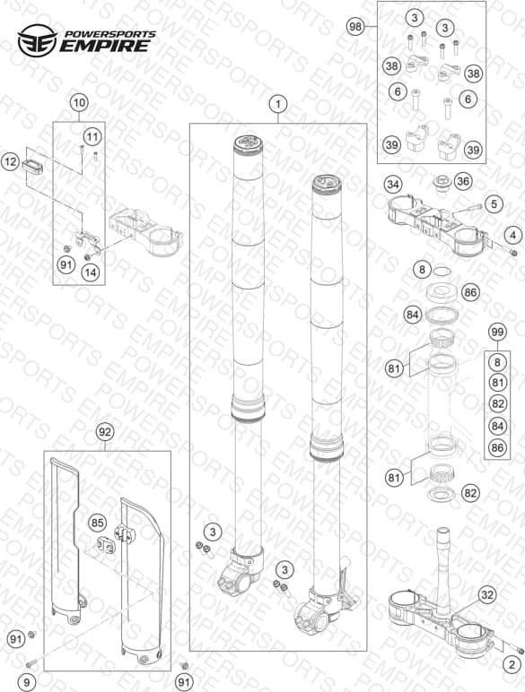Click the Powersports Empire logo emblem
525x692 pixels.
(37, 40)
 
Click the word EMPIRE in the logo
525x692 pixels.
(105, 46)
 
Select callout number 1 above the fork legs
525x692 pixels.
(278, 105)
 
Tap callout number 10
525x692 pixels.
(79, 103)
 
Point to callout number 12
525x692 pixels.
(10, 162)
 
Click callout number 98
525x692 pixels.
(355, 27)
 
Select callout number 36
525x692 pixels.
(463, 181)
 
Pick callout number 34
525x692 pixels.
(393, 184)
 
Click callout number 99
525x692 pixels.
(497, 332)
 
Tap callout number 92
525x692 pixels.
(105, 432)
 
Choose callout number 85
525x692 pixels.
(97, 523)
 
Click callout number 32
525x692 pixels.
(486, 595)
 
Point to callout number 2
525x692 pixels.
(512, 664)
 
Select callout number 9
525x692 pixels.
(27, 682)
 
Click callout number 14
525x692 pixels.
(90, 272)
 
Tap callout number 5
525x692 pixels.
(494, 203)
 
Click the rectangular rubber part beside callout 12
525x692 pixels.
(32, 167)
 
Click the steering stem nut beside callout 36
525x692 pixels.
(441, 183)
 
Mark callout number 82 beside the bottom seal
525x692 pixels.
(470, 492)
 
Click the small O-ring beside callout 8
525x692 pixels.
(442, 270)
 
